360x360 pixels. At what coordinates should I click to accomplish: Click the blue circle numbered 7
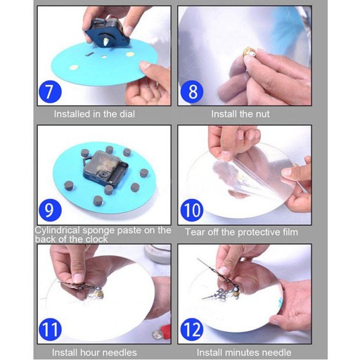[50, 91]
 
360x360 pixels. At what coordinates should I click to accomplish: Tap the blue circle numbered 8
[192, 91]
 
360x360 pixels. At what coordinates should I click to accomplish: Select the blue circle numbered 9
[50, 210]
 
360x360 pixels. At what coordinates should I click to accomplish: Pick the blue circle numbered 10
[192, 210]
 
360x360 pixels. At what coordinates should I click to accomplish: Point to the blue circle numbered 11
[50, 329]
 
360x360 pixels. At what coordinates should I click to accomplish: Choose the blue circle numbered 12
[192, 329]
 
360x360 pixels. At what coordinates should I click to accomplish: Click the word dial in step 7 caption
[127, 114]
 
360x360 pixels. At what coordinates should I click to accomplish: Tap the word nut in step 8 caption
[263, 114]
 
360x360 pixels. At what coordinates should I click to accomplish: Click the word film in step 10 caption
[290, 232]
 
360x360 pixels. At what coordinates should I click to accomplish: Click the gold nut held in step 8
[249, 52]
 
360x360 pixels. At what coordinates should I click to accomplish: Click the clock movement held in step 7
[106, 33]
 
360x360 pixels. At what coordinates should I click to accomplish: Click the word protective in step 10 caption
[259, 233]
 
